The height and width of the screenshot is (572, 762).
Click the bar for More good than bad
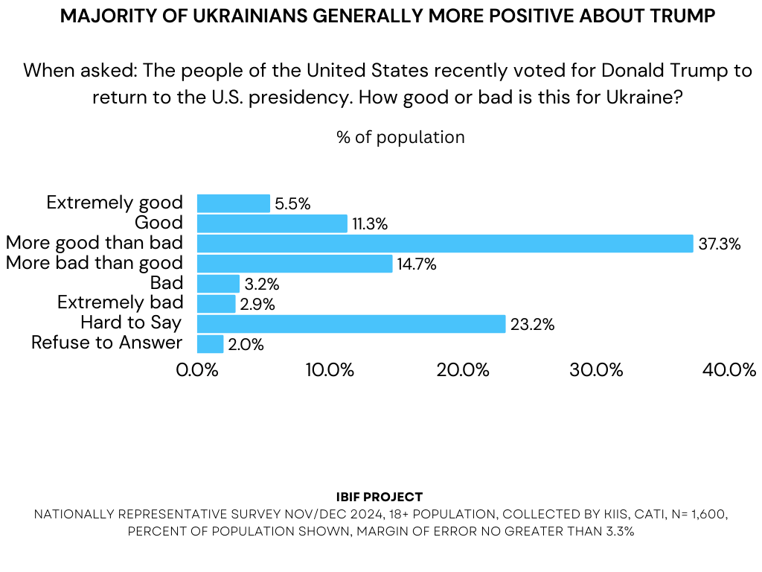(x=445, y=244)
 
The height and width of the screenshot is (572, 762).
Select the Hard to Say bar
(x=351, y=324)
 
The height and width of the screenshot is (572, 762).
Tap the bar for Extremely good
(x=234, y=203)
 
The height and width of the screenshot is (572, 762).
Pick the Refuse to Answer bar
(x=210, y=344)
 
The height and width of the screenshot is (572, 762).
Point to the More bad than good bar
(x=295, y=264)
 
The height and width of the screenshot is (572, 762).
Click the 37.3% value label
(x=720, y=244)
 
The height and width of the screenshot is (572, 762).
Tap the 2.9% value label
(x=257, y=305)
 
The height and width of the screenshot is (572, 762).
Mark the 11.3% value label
(x=370, y=224)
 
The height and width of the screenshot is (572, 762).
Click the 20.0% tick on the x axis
(x=461, y=370)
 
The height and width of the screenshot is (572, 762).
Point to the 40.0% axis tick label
(x=729, y=370)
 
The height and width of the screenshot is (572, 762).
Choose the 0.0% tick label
(x=197, y=370)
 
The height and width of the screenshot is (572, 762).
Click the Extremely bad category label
(x=120, y=302)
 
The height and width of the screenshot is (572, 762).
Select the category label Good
(x=159, y=223)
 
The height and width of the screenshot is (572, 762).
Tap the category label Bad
(x=167, y=283)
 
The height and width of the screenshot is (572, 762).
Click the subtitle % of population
(x=400, y=138)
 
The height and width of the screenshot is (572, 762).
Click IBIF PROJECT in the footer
(x=380, y=497)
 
